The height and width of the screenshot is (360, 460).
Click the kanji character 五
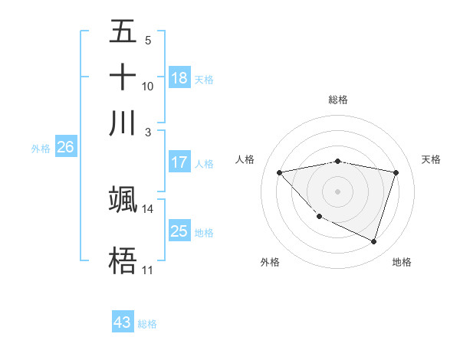point(123,33)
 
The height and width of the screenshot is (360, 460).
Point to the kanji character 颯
point(123,198)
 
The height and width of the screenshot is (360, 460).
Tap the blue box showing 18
point(179,78)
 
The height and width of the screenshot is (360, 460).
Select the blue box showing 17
point(179,162)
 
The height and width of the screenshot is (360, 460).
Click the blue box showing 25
point(179,231)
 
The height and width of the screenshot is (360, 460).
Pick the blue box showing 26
point(65,148)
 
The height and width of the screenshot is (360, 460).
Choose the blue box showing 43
point(123,322)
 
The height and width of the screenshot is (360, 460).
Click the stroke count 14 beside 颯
point(147,208)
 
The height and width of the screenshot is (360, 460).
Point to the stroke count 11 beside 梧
point(147,270)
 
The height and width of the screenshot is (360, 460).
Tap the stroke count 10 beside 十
point(147,86)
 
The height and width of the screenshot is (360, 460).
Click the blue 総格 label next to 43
point(147,324)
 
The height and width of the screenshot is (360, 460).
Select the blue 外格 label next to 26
point(40,149)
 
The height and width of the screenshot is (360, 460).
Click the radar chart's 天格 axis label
point(431,159)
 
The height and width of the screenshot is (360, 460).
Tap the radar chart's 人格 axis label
point(245,159)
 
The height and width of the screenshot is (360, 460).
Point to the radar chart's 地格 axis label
point(402,262)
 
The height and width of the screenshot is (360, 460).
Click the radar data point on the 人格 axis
point(280,172)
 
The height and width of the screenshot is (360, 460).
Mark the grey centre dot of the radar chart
point(337,191)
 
